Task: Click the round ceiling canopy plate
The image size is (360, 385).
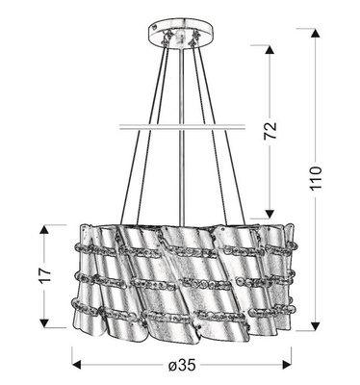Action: point(177,33)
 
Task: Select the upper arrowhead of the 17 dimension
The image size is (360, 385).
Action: point(43,229)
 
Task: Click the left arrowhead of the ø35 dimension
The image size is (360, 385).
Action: point(77,364)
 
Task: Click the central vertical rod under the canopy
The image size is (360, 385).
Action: point(178,87)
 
